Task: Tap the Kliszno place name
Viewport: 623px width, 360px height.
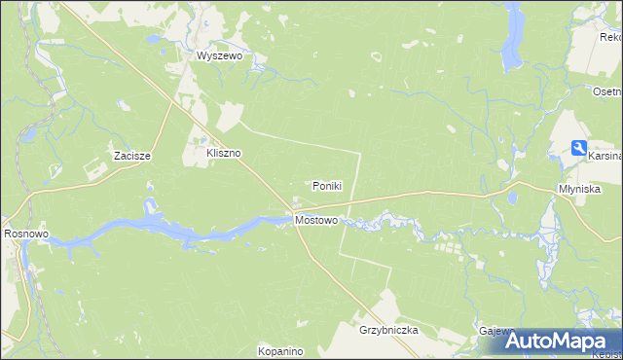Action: tap(223, 154)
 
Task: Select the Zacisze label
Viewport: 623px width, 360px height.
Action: tap(130, 156)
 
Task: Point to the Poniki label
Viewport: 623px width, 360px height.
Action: tap(326, 186)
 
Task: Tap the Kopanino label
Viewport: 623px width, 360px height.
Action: tap(280, 350)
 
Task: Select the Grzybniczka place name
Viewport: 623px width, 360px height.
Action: tap(387, 331)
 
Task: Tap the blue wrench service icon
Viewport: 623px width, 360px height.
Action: tap(578, 149)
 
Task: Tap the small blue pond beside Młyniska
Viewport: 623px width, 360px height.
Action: tap(512, 198)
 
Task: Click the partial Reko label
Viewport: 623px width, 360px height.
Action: tap(610, 37)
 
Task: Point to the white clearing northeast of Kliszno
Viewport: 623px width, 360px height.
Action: tap(229, 117)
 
